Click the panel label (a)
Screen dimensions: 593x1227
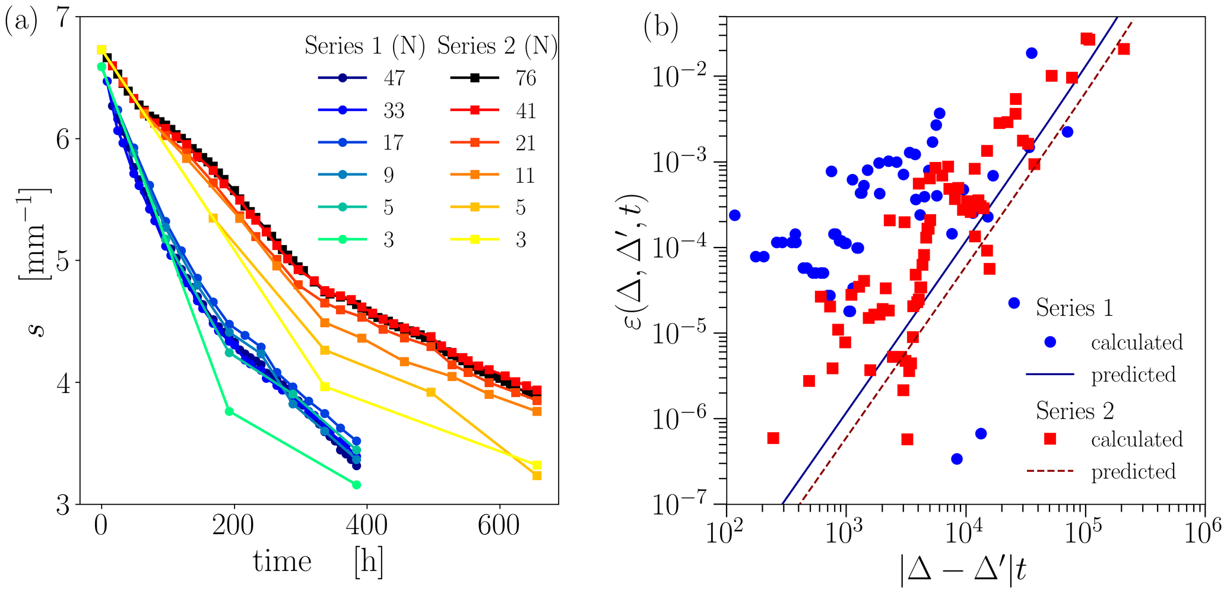point(21,24)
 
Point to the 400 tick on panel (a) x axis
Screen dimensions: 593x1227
point(366,525)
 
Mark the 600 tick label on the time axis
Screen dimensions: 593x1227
point(499,525)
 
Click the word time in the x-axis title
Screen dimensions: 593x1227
point(282,562)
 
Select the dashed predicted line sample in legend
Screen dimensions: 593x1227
point(1050,471)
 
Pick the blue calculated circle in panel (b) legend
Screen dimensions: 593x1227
point(1050,342)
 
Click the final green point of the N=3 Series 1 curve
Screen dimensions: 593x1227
point(356,485)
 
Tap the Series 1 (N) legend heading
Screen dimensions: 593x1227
point(364,46)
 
